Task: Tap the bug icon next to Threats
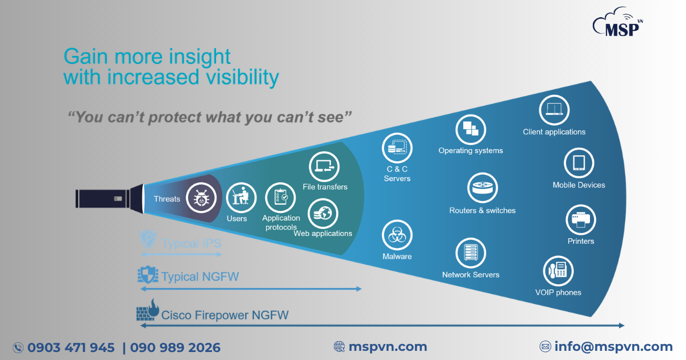click(201, 198)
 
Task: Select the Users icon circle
click(241, 198)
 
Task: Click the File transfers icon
click(324, 167)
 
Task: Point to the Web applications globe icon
click(323, 213)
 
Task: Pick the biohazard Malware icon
click(397, 235)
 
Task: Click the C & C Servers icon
click(397, 148)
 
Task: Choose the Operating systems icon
click(470, 130)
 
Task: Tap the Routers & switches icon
click(482, 188)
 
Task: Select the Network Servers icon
click(470, 253)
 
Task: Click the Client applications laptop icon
click(555, 110)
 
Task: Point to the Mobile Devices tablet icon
click(579, 163)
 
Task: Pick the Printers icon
click(581, 220)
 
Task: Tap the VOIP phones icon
click(559, 271)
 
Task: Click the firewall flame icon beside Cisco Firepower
click(148, 310)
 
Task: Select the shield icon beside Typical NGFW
click(148, 275)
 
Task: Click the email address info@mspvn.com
click(613, 346)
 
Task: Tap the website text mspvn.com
click(388, 347)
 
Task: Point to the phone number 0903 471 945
click(71, 348)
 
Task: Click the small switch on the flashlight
click(118, 199)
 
